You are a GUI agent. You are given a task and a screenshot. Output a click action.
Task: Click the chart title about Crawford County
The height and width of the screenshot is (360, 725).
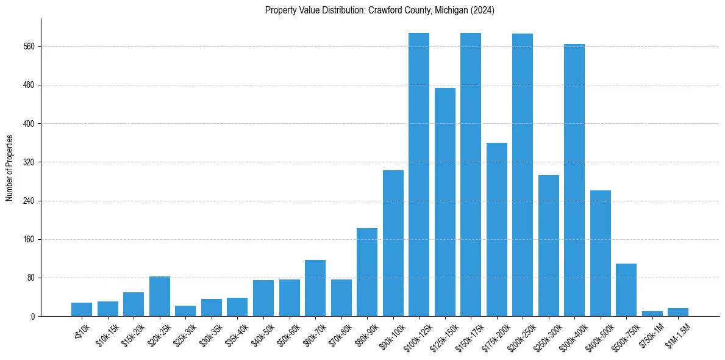tap(379, 10)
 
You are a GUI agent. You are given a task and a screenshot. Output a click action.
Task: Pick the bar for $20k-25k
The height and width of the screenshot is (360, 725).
tap(160, 297)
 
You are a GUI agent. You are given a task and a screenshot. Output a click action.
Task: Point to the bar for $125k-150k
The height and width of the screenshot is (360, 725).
tap(445, 202)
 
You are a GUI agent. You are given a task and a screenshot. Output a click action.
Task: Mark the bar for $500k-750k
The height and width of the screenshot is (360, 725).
tap(626, 290)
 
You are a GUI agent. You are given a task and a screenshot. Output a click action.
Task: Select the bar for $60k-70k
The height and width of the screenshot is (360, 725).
tap(315, 288)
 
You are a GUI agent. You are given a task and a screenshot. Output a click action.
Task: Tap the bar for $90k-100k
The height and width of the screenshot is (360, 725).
tap(393, 243)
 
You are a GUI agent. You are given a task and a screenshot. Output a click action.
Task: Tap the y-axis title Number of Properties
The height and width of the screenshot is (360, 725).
tap(10, 168)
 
